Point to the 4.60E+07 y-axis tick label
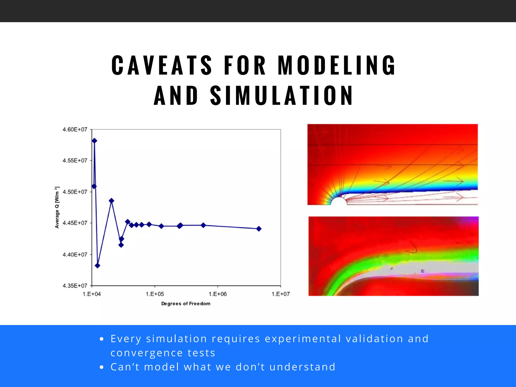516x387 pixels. coord(75,130)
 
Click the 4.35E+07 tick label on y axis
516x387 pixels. coord(75,286)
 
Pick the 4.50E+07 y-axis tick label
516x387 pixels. coord(75,192)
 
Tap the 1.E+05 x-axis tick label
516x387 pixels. coord(155,294)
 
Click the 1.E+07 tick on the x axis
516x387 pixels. coord(281,294)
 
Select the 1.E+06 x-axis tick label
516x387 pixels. coord(218,294)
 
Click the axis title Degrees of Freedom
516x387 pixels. coord(186,304)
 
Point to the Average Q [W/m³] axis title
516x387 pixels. coord(57,207)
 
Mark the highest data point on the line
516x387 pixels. coord(94,141)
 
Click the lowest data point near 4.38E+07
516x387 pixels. coord(98,266)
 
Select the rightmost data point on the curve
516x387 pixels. coord(259,229)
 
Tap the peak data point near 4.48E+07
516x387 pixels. coord(112,201)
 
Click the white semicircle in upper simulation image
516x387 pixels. coord(339,202)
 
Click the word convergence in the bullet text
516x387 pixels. coord(146,353)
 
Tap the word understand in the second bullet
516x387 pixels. coord(302,367)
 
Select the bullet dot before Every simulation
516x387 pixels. coord(102,339)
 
